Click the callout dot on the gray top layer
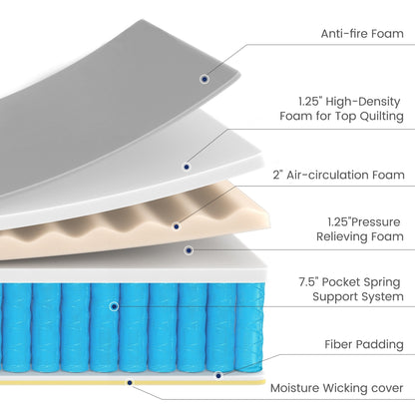click(205, 77)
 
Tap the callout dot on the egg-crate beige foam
click(180, 226)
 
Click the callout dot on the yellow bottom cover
click(128, 379)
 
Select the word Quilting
click(376, 118)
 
